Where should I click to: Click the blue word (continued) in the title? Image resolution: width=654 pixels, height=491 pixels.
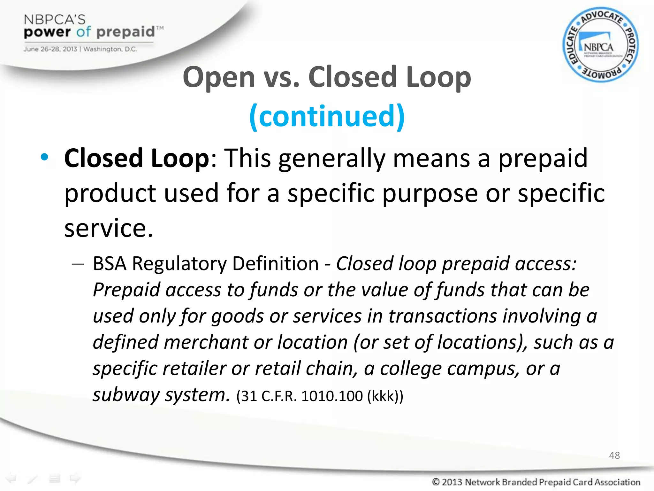pyautogui.click(x=327, y=116)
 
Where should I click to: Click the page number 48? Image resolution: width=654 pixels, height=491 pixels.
pyautogui.click(x=614, y=455)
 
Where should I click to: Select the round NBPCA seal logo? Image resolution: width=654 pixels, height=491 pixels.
pyautogui.click(x=600, y=45)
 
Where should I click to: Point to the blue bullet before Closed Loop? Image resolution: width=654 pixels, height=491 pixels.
pyautogui.click(x=44, y=157)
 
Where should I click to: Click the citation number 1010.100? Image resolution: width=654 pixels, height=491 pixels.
pyautogui.click(x=332, y=396)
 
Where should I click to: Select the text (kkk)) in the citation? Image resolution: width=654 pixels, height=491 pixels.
pyautogui.click(x=385, y=396)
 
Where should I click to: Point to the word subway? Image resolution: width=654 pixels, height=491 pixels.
pyautogui.click(x=126, y=395)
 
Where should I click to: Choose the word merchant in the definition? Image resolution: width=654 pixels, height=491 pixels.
pyautogui.click(x=206, y=342)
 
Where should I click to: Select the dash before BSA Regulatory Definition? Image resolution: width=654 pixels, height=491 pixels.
pyautogui.click(x=78, y=264)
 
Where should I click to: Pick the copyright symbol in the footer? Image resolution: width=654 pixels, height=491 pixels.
pyautogui.click(x=436, y=482)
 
